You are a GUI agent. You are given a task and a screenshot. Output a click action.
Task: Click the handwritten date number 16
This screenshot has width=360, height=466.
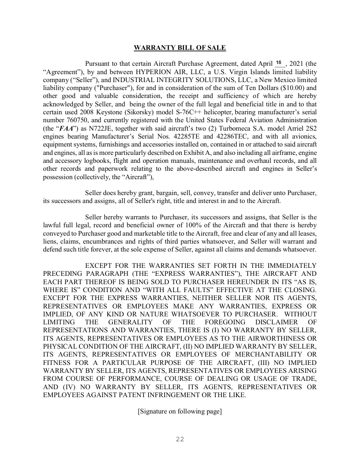[279, 63]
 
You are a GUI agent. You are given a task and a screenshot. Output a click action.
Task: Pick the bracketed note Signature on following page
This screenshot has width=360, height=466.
[180, 411]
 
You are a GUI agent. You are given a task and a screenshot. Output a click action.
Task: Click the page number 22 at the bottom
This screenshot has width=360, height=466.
[180, 439]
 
